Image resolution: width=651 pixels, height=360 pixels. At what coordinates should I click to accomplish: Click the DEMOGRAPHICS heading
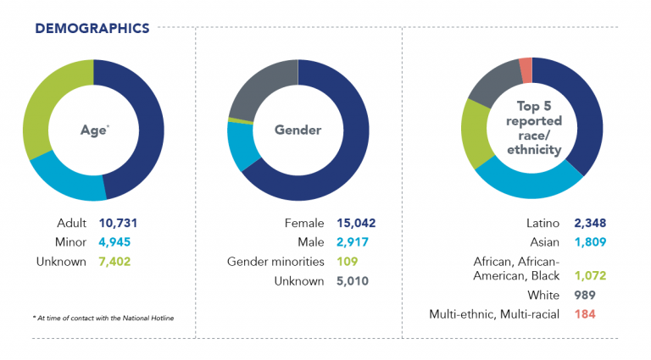(92, 28)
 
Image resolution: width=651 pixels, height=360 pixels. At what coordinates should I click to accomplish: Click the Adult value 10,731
(117, 224)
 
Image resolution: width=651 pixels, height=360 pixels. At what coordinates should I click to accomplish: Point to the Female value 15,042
(356, 224)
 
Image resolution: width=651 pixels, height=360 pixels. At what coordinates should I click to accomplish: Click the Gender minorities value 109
(348, 262)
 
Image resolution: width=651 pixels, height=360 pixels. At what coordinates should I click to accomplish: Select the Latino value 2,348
(590, 224)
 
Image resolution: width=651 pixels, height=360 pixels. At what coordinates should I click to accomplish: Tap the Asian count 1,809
(589, 242)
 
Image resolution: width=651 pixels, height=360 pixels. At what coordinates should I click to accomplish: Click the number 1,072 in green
(589, 275)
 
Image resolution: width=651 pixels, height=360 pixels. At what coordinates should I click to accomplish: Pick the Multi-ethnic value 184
(585, 313)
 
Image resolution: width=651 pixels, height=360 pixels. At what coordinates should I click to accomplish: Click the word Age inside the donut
(93, 130)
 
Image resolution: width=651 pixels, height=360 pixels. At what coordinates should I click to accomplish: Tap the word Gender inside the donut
(298, 130)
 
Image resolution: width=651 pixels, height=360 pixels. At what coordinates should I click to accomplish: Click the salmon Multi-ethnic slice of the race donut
(526, 70)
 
